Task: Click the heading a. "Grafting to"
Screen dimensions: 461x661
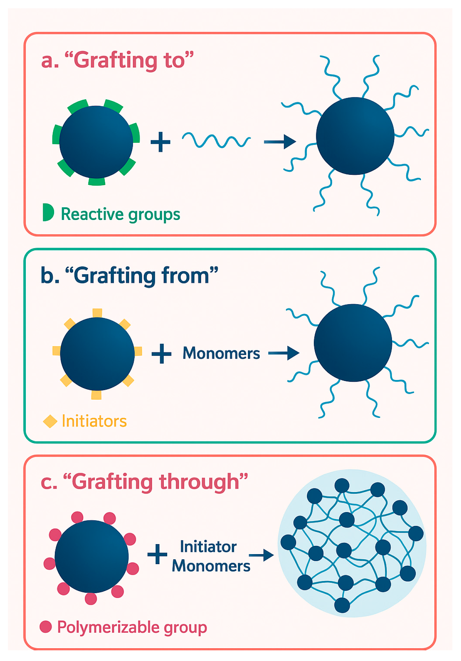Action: [x=117, y=60]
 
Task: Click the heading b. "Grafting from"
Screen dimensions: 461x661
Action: [x=129, y=276]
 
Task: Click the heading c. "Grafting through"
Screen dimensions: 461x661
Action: [x=144, y=482]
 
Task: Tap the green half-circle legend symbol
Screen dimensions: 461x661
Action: [x=48, y=212]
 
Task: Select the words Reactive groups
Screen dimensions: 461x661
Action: [x=120, y=214]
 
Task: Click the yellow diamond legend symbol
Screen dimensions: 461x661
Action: [x=50, y=421]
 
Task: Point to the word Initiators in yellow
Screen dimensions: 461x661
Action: [x=94, y=421]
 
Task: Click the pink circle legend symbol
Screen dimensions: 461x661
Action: [x=46, y=627]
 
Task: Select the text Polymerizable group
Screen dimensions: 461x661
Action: [x=132, y=627]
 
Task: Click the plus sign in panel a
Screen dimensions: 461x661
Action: [x=161, y=142]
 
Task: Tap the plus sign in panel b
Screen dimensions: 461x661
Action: [x=161, y=353]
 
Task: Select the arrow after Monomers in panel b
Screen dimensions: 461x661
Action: [x=284, y=353]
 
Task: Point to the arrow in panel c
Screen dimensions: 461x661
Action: [x=261, y=555]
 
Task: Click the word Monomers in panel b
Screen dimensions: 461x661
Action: [x=221, y=353]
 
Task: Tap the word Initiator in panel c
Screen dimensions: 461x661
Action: [x=208, y=547]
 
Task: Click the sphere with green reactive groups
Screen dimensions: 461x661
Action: [x=96, y=142]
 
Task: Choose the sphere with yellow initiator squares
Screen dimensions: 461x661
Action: [x=97, y=353]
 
